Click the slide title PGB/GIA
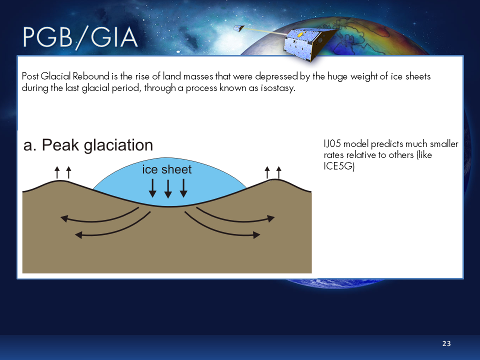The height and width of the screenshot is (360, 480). pos(80,38)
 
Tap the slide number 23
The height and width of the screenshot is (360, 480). pos(446,343)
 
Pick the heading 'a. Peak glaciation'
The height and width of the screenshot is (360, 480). pos(88,145)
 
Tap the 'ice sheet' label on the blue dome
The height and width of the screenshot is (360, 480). pos(166,170)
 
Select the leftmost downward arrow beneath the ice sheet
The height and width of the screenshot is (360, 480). pos(153,187)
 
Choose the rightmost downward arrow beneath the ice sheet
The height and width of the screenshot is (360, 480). pos(183,187)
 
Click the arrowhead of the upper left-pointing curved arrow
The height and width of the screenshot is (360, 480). pos(63,218)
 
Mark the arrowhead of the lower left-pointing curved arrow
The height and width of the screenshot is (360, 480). pos(78,234)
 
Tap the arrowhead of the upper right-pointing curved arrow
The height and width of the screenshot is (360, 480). pos(271,218)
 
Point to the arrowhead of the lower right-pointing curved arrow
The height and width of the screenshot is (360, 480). pos(257,234)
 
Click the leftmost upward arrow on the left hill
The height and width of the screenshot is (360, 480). pos(57,172)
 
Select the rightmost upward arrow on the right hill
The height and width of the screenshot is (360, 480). pos(278,172)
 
